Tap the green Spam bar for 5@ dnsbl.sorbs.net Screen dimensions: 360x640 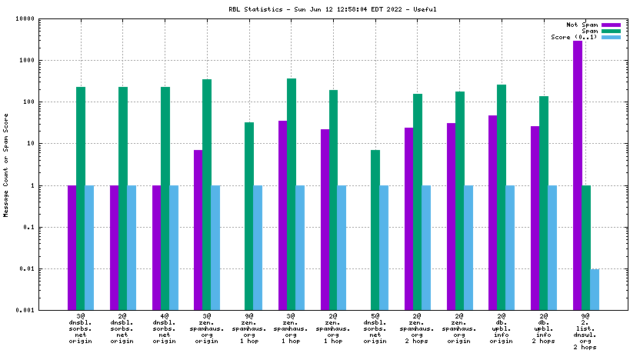coord(375,230)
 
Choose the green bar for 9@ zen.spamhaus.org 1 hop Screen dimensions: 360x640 coord(249,216)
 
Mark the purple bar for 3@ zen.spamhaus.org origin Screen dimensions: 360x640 coord(198,230)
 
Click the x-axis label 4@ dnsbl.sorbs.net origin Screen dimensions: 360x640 coord(165,328)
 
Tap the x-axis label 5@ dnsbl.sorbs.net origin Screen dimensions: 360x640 coord(375,328)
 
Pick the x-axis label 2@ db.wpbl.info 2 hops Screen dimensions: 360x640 coord(544,328)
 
